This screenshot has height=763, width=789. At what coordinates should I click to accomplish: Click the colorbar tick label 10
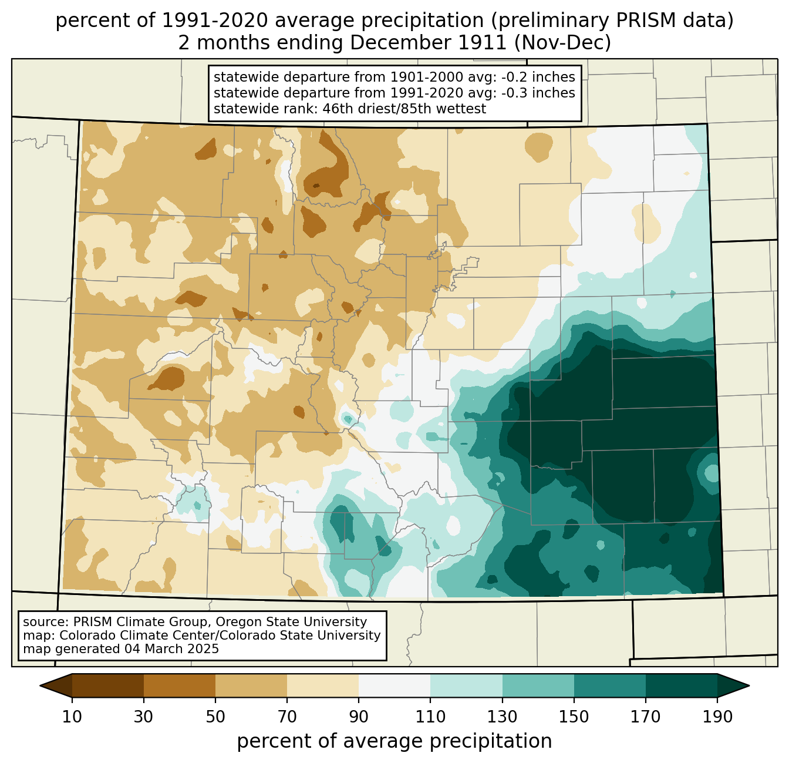point(72,717)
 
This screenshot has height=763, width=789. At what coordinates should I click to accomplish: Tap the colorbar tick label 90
point(359,717)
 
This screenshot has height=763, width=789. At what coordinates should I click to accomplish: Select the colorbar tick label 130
point(502,717)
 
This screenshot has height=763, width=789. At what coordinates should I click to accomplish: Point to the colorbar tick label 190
point(717,717)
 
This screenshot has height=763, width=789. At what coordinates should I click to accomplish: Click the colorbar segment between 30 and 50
point(179,686)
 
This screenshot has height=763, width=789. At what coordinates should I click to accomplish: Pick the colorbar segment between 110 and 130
point(466,686)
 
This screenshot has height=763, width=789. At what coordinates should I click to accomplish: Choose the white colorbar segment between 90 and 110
point(394,686)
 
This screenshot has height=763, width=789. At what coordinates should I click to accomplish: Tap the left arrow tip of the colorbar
point(40,686)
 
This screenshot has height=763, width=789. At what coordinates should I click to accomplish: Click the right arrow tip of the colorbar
point(749,686)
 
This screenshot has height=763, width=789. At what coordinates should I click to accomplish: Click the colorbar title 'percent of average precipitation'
point(394,741)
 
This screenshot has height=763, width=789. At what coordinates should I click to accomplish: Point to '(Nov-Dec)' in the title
point(562,43)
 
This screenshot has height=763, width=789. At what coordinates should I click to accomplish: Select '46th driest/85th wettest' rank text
point(404,109)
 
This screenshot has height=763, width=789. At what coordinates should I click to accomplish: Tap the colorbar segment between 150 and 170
point(610,686)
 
